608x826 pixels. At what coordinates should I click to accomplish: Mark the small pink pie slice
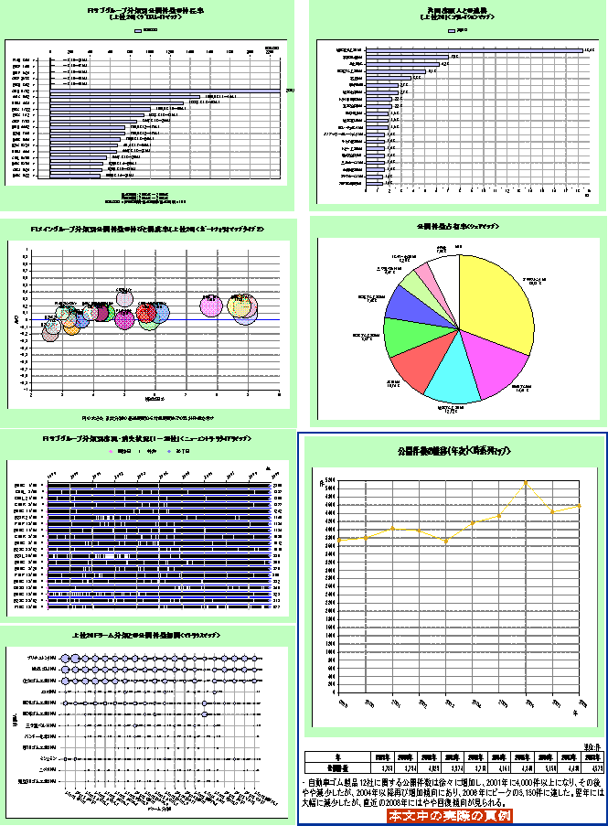pyautogui.click(x=425, y=274)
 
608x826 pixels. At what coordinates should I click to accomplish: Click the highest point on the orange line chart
pyautogui.click(x=526, y=482)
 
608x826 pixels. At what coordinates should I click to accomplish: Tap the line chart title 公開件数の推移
pyautogui.click(x=449, y=451)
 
